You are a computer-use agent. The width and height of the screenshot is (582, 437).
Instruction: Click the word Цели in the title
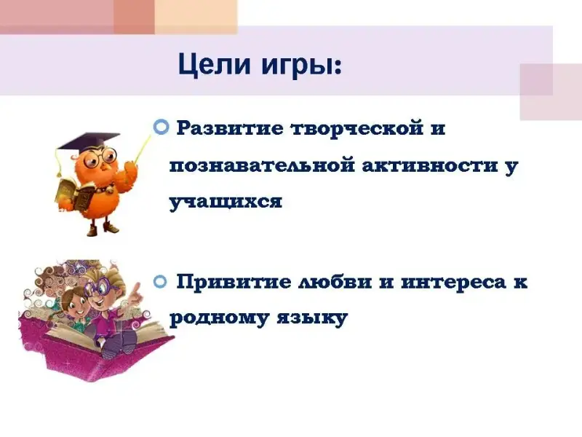point(215,65)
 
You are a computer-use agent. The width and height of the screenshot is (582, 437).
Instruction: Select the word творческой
point(357,129)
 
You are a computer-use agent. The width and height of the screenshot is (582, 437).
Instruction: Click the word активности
point(430,165)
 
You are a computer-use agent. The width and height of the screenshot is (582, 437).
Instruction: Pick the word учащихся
point(226,202)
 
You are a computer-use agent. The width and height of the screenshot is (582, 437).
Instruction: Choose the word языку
point(312,319)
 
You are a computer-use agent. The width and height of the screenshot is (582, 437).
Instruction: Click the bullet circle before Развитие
point(161,127)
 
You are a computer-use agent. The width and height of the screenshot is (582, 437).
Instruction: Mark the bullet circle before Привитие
point(160,282)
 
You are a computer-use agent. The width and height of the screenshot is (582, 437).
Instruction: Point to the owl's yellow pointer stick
point(143,149)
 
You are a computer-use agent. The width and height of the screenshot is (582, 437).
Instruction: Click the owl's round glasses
point(100,157)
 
